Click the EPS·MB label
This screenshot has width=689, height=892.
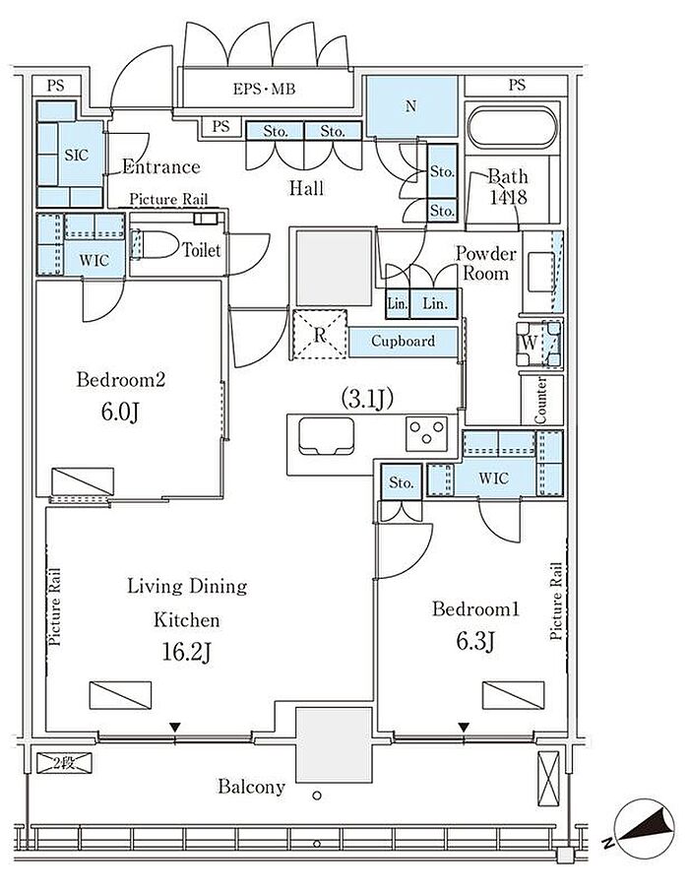264,89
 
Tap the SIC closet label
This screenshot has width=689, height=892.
76,155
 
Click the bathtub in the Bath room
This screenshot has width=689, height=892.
512,127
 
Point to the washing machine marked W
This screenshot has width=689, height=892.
538,344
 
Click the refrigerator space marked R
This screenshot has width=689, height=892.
319,334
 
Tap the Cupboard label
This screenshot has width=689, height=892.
403,341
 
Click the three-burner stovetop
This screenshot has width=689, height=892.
426,433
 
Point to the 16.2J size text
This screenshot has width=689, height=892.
187,653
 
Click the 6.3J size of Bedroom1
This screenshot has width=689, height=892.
475,642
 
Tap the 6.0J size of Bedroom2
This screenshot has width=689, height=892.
120,412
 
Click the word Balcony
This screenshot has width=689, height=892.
251,787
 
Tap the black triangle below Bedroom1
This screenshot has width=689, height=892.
464,727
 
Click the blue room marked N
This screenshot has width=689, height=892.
411,106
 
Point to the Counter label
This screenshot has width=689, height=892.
541,400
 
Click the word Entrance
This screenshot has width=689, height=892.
161,166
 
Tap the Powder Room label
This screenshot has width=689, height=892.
486,263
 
